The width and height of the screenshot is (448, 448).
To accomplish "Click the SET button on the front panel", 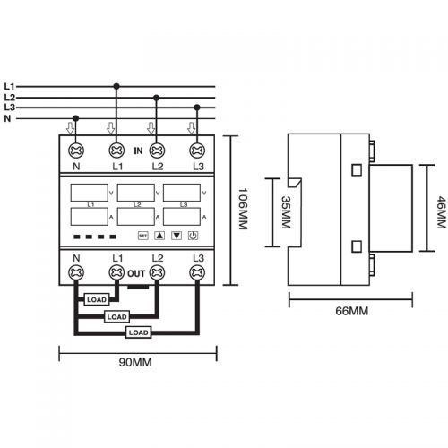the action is click(x=143, y=236).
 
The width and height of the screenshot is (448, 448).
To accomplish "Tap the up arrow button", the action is click(x=159, y=236).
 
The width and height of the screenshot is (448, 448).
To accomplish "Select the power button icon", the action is click(x=193, y=236).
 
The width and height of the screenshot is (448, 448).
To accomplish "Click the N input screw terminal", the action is click(x=76, y=151).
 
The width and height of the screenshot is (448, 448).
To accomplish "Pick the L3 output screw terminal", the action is click(x=197, y=272).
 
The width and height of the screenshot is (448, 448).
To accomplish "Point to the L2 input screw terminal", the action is click(x=157, y=151).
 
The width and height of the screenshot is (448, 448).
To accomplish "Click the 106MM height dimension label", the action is click(x=243, y=209).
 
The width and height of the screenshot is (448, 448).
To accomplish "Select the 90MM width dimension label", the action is click(x=135, y=362).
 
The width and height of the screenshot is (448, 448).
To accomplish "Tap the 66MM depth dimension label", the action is click(x=352, y=311).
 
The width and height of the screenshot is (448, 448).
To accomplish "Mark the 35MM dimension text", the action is click(x=286, y=212).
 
